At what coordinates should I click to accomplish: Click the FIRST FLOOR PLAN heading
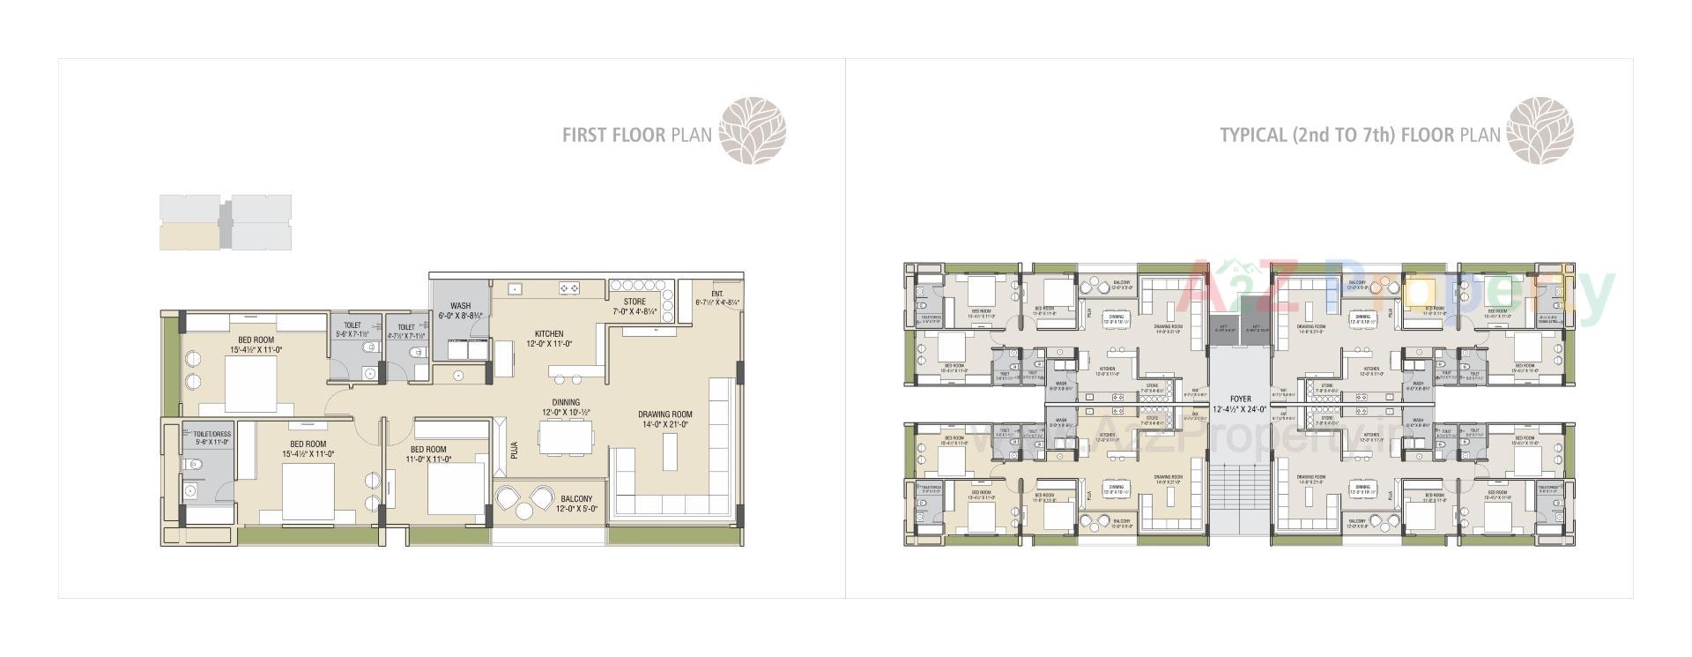coord(638,136)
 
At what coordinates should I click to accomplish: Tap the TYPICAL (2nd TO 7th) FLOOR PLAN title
coord(1359,135)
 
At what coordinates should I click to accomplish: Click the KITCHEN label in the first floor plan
coord(548,334)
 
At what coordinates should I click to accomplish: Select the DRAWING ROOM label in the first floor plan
coord(664,414)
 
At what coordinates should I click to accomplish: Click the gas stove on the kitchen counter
coord(568,287)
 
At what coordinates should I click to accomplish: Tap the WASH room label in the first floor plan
coord(460,307)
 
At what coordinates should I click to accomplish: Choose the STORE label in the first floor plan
coord(634,302)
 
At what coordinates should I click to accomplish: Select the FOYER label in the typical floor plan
coord(1239,399)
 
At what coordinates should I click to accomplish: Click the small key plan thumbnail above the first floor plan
coord(225,222)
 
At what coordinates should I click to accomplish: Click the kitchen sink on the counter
coord(514,287)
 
